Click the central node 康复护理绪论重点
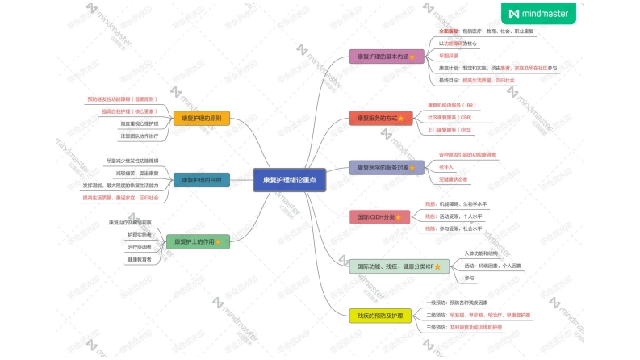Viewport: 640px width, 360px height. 289,181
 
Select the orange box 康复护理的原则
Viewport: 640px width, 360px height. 201,119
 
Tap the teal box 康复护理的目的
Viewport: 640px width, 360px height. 201,180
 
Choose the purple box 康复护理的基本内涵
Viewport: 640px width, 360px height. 383,57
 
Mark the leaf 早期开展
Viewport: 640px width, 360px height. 448,55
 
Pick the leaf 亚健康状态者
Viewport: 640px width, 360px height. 453,178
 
